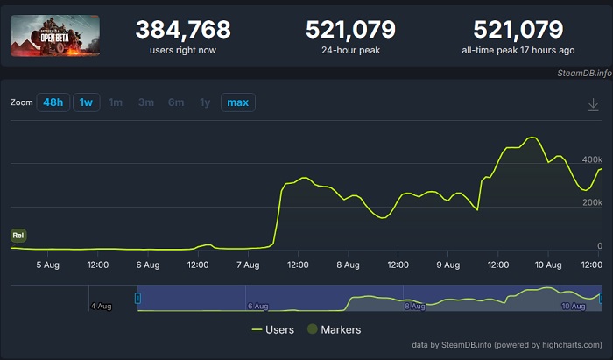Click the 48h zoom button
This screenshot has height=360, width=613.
pyautogui.click(x=53, y=102)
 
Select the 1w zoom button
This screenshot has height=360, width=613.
pyautogui.click(x=86, y=102)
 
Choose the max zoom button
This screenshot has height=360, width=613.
pyautogui.click(x=237, y=102)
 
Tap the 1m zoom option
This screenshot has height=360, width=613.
pyautogui.click(x=115, y=102)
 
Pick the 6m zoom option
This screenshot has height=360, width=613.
pyautogui.click(x=176, y=102)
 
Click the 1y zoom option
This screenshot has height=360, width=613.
pyautogui.click(x=205, y=102)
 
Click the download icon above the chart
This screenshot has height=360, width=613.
pyautogui.click(x=593, y=105)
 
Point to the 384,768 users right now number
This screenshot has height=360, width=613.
pyautogui.click(x=183, y=30)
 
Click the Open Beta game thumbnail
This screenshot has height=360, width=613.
pyautogui.click(x=54, y=36)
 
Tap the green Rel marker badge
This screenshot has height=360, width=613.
pyautogui.click(x=18, y=235)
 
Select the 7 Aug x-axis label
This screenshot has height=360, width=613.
pyautogui.click(x=248, y=265)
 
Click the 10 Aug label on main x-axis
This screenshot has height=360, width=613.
pyautogui.click(x=547, y=265)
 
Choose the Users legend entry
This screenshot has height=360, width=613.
pyautogui.click(x=272, y=329)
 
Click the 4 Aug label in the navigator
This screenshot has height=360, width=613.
pyautogui.click(x=101, y=306)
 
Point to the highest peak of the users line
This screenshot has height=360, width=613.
pyautogui.click(x=531, y=138)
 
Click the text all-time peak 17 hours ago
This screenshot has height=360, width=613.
pyautogui.click(x=531, y=50)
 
